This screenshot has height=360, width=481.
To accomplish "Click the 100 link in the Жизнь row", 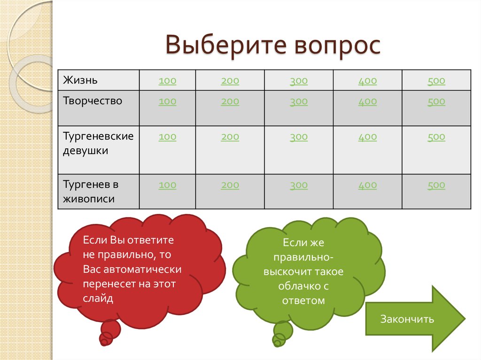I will pyautogui.click(x=167, y=81).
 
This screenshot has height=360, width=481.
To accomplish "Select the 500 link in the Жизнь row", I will pyautogui.click(x=436, y=81).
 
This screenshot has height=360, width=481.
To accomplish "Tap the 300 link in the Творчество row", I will pyautogui.click(x=299, y=101).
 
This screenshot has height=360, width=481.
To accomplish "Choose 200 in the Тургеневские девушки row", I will pyautogui.click(x=230, y=137).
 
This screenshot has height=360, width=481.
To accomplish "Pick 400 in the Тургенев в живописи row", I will pyautogui.click(x=367, y=185).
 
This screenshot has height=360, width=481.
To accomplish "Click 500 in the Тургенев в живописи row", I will pyautogui.click(x=436, y=185).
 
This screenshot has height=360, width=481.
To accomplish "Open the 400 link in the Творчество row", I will pyautogui.click(x=367, y=101).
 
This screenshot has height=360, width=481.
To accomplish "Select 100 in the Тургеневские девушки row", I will pyautogui.click(x=167, y=137).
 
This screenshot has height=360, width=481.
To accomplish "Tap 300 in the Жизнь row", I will pyautogui.click(x=299, y=81).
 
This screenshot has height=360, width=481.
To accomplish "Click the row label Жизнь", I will pyautogui.click(x=80, y=80).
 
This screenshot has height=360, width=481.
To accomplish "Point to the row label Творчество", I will pyautogui.click(x=93, y=101).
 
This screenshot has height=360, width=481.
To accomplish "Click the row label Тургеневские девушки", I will pyautogui.click(x=98, y=144).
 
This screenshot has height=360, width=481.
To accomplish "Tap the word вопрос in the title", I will pyautogui.click(x=337, y=46).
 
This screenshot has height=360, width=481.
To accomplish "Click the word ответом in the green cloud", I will pyautogui.click(x=303, y=301).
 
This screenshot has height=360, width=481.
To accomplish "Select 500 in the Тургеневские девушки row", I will pyautogui.click(x=436, y=137).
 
